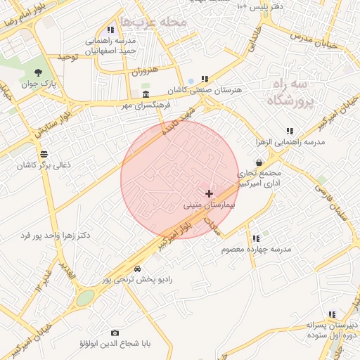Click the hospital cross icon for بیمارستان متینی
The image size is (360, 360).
point(209,193)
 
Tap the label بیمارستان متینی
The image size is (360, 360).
point(209,206)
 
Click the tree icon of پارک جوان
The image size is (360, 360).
point(37,72)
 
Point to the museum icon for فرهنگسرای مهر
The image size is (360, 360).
point(146,94)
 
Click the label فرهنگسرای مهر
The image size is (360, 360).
point(146,105)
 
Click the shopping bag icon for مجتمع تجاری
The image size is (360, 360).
point(259,162)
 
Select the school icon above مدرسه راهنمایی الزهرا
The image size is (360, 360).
point(290,131)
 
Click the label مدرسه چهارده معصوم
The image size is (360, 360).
point(256,250)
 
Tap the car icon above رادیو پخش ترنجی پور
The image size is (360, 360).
point(136,269)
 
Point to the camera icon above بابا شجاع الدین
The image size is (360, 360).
point(115,333)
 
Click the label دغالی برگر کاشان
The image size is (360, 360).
point(44,165)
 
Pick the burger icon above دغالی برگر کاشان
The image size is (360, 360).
point(44,153)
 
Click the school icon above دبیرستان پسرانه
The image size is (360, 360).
point(332,314)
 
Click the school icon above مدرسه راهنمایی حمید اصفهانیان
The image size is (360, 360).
point(110,30)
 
